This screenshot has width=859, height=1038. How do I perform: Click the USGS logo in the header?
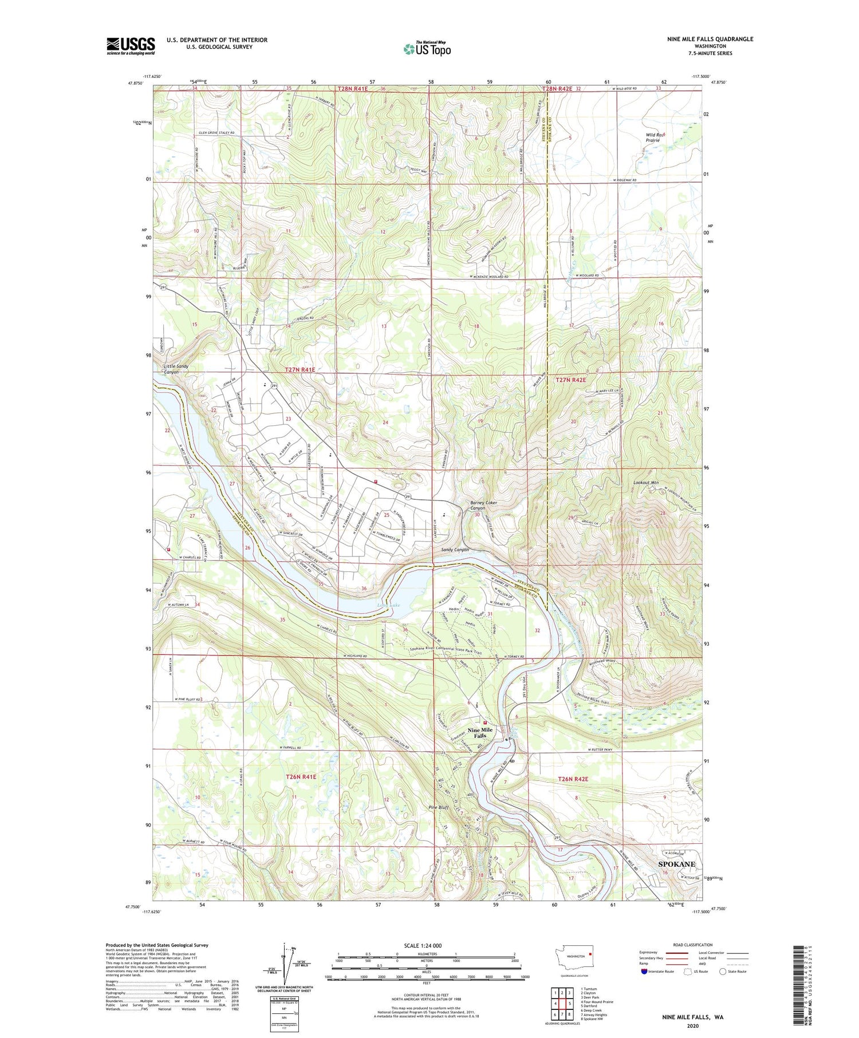131,46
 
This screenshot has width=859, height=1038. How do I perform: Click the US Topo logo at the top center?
427,49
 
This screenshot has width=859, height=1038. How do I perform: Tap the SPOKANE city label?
676,864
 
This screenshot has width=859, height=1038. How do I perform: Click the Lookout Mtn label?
646,483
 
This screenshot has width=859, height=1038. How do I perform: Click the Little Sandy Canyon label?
176,369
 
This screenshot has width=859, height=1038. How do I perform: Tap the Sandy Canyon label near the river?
455,550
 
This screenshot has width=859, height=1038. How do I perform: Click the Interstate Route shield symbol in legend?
644,972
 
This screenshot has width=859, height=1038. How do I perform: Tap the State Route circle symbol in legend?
723,972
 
